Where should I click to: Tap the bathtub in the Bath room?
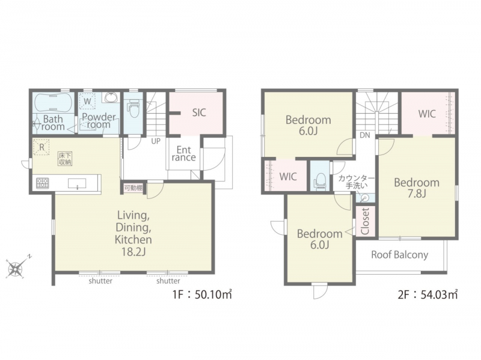54,102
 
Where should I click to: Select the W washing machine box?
88,100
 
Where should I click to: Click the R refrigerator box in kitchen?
41,147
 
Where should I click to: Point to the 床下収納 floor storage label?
65,159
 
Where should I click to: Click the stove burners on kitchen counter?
42,183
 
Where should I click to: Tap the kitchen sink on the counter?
78,184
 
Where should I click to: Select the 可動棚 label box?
133,188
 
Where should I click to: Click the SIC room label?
199,113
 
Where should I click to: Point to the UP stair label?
156,142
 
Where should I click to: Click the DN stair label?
365,135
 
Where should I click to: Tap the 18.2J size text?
133,251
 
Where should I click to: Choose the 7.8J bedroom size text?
417,194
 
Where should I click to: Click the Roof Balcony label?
399,255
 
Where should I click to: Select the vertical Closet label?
365,221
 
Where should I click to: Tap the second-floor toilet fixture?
320,180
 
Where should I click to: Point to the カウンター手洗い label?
356,182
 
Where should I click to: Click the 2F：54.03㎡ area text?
427,294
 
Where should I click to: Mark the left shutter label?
100,281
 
